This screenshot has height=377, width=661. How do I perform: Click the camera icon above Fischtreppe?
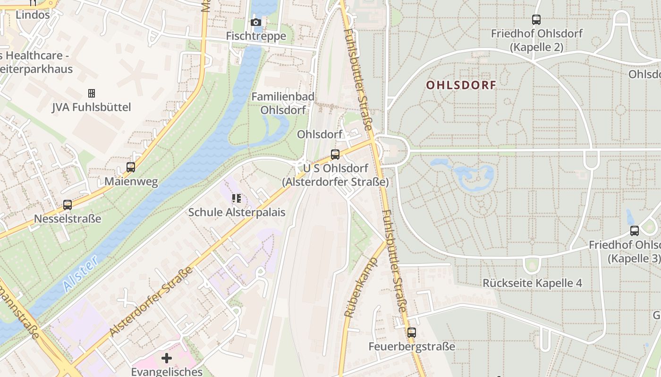tap(256, 22)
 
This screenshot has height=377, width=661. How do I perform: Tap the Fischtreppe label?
tap(256, 36)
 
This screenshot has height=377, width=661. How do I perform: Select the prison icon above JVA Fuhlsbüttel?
tap(92, 93)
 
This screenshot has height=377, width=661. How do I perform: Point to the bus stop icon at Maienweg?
tap(131, 167)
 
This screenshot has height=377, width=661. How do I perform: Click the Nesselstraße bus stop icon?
tap(68, 205)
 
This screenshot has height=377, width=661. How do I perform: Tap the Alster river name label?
tap(80, 274)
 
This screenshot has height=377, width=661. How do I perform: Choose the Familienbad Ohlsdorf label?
tap(283, 103)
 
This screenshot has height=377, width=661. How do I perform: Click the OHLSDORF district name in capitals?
tap(461, 85)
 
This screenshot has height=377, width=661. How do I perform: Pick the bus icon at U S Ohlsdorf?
tap(335, 154)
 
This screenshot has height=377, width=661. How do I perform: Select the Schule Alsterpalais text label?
tap(237, 212)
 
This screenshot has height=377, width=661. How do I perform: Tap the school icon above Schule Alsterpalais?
tap(237, 198)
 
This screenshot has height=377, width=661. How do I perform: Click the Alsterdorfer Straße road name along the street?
tap(151, 301)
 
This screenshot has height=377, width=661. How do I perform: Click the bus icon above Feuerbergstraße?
tap(412, 333)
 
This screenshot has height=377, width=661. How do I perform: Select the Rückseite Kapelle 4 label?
tap(532, 283)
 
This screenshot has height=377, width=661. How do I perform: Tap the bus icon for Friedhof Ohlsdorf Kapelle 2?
tap(536, 20)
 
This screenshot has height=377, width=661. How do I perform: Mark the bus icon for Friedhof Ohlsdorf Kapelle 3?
tap(635, 231)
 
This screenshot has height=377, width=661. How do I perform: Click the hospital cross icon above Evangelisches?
tap(167, 358)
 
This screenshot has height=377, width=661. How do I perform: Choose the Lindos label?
tap(33, 15)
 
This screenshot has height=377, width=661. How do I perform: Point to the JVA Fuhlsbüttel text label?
tap(92, 107)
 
